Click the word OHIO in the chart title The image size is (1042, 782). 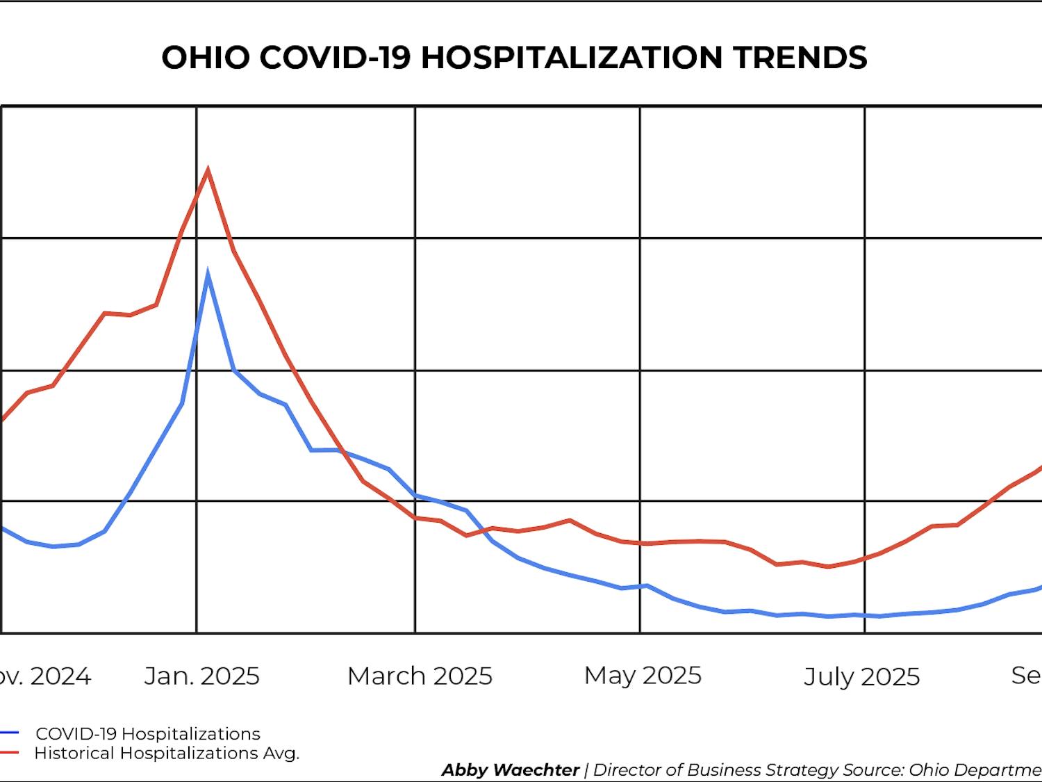205,57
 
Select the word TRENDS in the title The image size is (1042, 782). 800,57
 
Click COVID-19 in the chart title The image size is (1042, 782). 335,57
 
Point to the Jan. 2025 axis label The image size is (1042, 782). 201,676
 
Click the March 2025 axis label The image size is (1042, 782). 420,676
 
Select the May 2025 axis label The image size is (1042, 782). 643,675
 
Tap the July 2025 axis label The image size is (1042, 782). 861,676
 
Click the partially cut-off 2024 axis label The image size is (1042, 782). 46,676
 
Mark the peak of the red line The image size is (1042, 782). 208,170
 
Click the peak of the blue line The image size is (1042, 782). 208,273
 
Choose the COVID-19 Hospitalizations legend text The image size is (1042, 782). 148,733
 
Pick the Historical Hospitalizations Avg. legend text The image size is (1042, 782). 167,753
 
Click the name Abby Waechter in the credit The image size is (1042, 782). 511,770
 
